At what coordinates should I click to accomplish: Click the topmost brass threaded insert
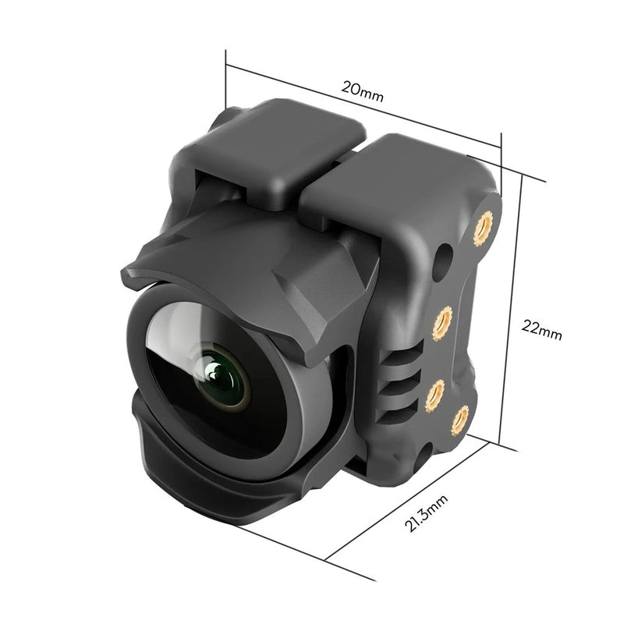tap(485, 227)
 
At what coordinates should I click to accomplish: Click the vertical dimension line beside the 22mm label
tap(519, 312)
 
